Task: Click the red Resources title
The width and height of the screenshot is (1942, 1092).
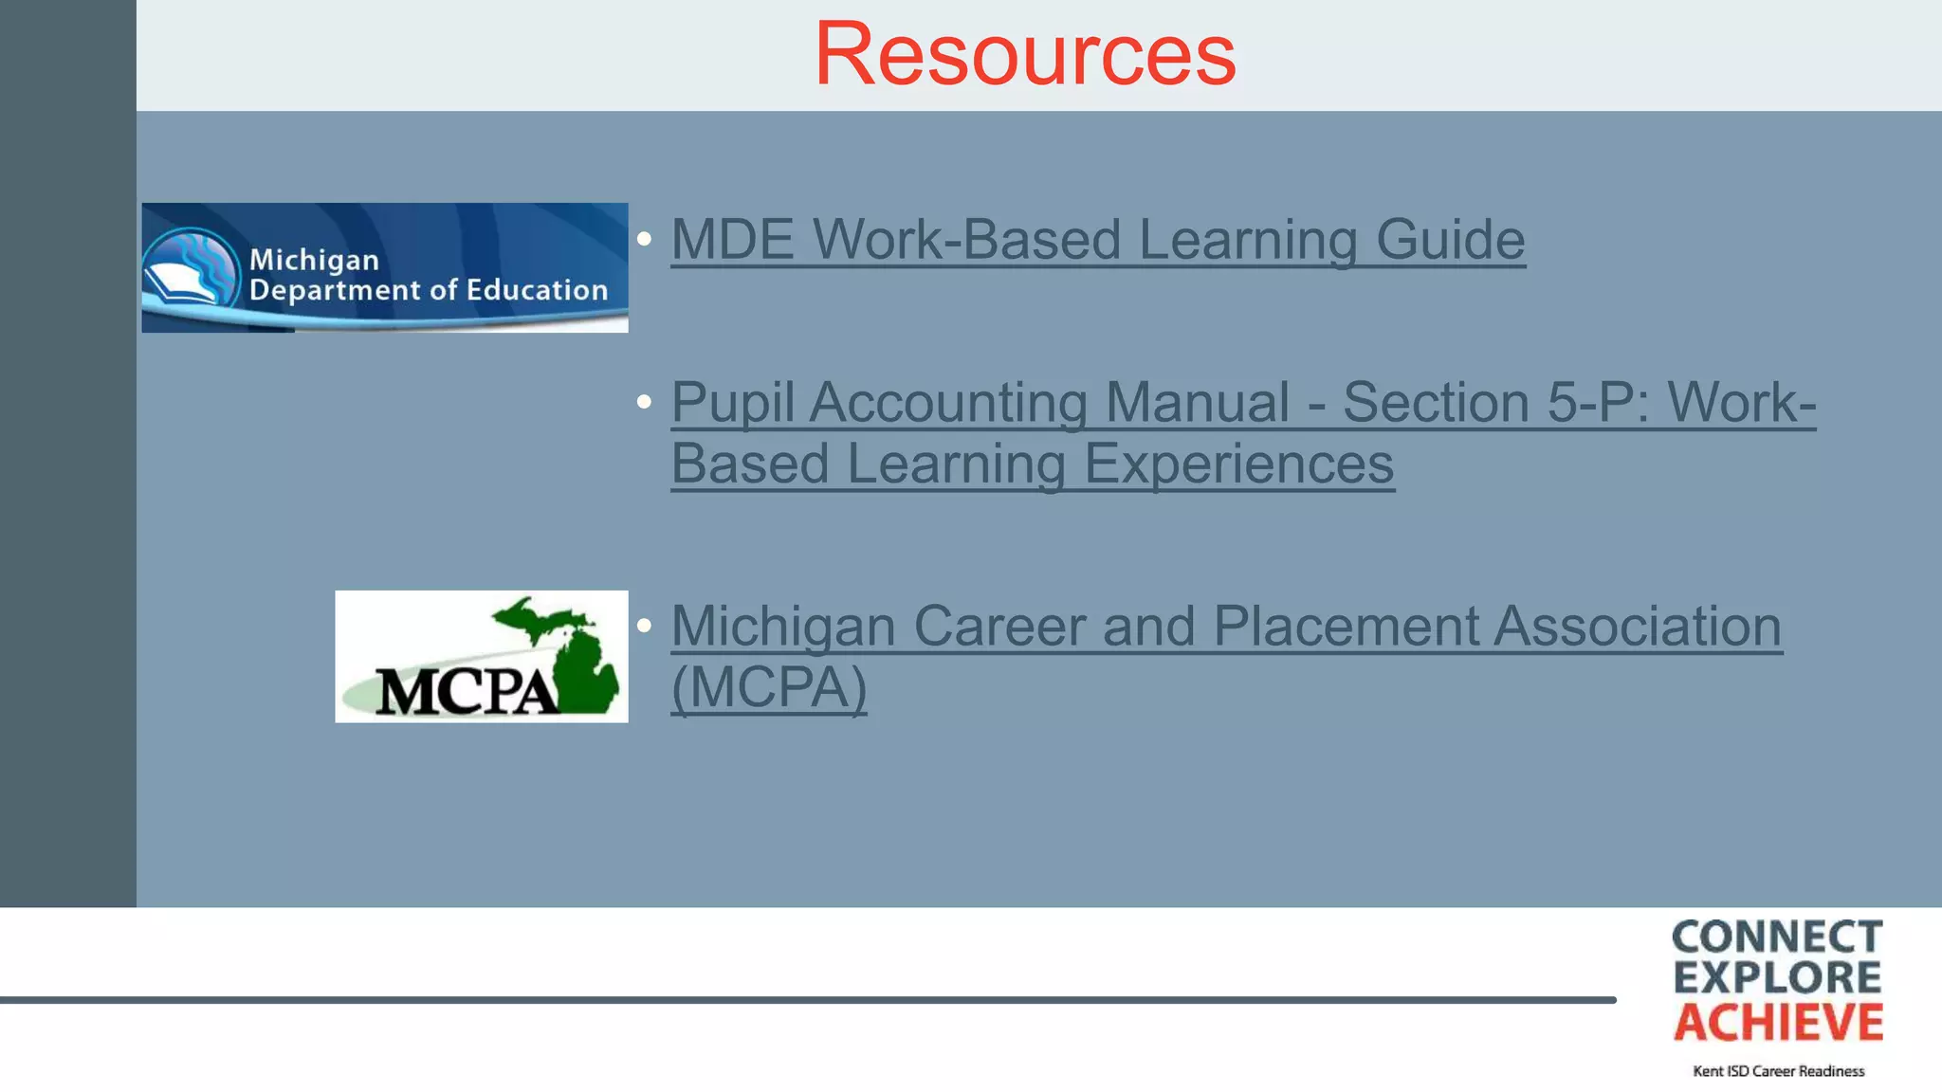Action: [1025, 54]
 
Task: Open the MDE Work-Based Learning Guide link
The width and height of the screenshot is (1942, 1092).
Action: [1097, 239]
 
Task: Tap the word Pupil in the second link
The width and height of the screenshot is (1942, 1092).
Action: [732, 403]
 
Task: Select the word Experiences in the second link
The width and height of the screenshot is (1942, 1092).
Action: [1238, 464]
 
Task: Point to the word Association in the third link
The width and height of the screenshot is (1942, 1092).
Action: [1638, 627]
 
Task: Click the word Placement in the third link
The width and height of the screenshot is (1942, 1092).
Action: [1346, 627]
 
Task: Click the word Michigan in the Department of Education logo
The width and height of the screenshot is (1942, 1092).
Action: [314, 260]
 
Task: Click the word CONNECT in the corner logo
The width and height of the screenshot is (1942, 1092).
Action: [1777, 937]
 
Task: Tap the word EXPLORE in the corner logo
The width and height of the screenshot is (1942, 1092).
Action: [1777, 978]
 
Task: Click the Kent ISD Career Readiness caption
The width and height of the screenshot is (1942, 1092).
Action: [1778, 1071]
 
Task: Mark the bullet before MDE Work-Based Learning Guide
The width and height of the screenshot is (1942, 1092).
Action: [645, 239]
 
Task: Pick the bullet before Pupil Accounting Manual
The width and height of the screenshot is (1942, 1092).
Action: [645, 402]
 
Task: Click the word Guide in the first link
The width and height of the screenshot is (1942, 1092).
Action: [1450, 239]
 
